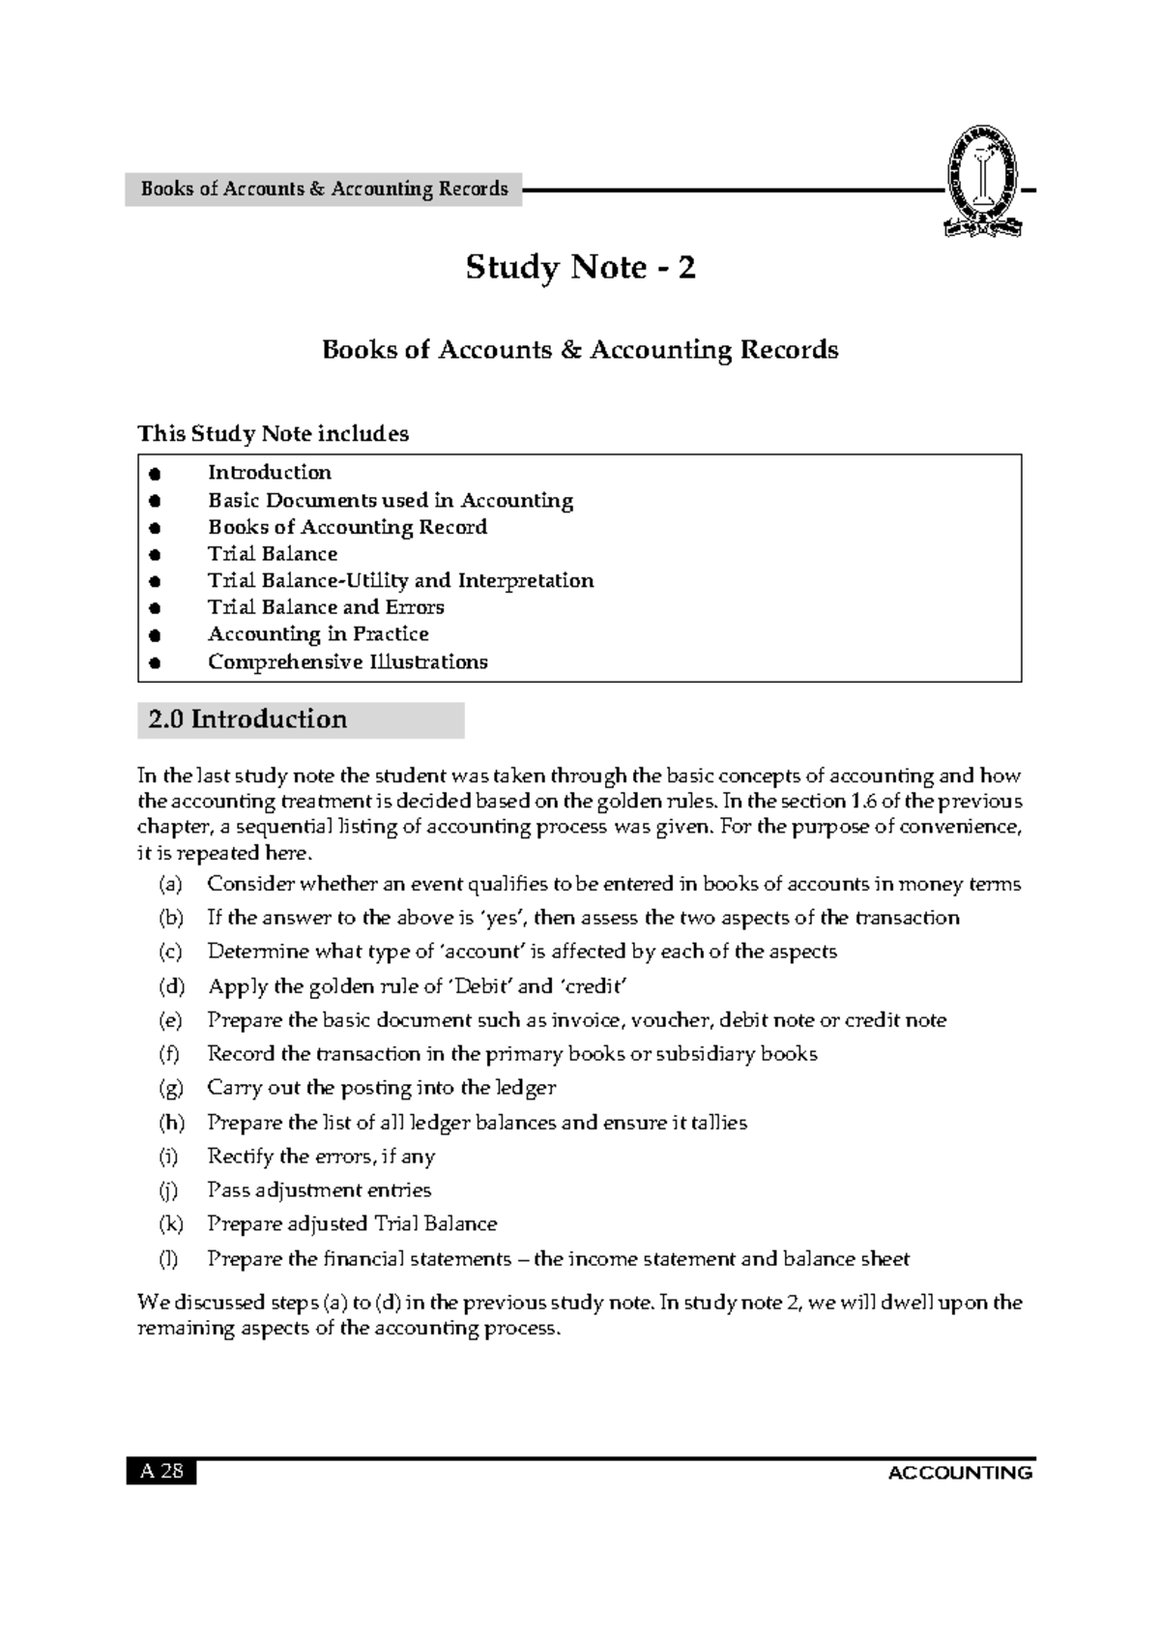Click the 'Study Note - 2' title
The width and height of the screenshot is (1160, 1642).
(580, 267)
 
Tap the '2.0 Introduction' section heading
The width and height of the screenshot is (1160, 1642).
(247, 719)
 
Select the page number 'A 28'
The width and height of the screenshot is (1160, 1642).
(160, 1472)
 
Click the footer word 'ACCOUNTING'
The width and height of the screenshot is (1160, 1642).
(960, 1473)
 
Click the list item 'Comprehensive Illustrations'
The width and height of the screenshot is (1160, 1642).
(347, 662)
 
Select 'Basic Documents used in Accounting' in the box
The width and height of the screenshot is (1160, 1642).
(391, 501)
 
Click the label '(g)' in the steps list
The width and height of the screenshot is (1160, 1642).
(171, 1088)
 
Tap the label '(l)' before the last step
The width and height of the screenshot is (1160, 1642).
(169, 1259)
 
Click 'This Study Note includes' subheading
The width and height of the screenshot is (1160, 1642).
(273, 433)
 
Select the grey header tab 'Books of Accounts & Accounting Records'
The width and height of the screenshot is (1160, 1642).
(324, 189)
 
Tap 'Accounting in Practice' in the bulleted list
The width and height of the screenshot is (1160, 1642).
(318, 634)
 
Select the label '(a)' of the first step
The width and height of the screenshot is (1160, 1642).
(170, 884)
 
